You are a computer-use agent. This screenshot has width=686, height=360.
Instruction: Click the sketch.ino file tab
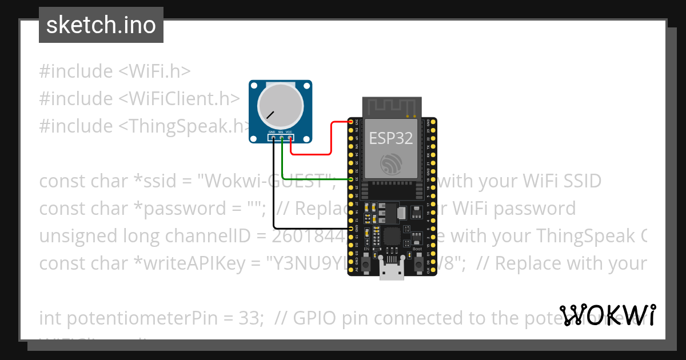point(101,25)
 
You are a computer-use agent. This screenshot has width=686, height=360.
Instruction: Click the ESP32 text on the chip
point(391,138)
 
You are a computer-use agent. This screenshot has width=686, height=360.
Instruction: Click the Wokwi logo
point(607,315)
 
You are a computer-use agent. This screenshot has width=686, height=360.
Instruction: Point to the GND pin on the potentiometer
point(273,137)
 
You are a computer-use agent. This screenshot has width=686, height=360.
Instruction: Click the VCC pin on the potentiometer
point(290,137)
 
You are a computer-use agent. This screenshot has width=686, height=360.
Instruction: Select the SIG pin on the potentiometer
point(281,137)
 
